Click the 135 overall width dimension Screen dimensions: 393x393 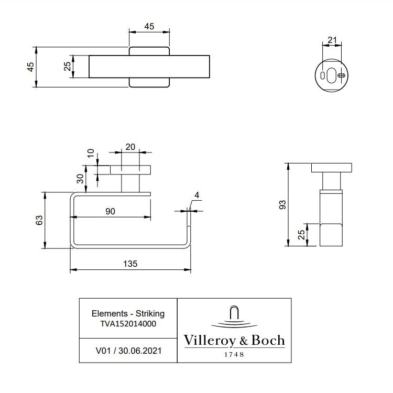coord(130,264)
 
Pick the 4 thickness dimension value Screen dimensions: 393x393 coord(196,195)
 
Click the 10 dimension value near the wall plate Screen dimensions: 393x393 coord(90,154)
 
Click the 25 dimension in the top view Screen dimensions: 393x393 coord(67,67)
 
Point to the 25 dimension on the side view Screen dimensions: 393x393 coord(301,235)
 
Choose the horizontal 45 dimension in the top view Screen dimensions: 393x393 coord(149,27)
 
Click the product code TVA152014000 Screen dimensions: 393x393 coord(128,323)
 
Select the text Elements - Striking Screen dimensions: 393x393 coord(128,313)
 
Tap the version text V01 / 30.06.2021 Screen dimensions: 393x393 coord(128,350)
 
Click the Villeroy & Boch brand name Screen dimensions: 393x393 coord(234,341)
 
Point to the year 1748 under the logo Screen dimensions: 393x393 coord(234,355)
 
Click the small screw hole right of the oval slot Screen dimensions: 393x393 coord(342,75)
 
